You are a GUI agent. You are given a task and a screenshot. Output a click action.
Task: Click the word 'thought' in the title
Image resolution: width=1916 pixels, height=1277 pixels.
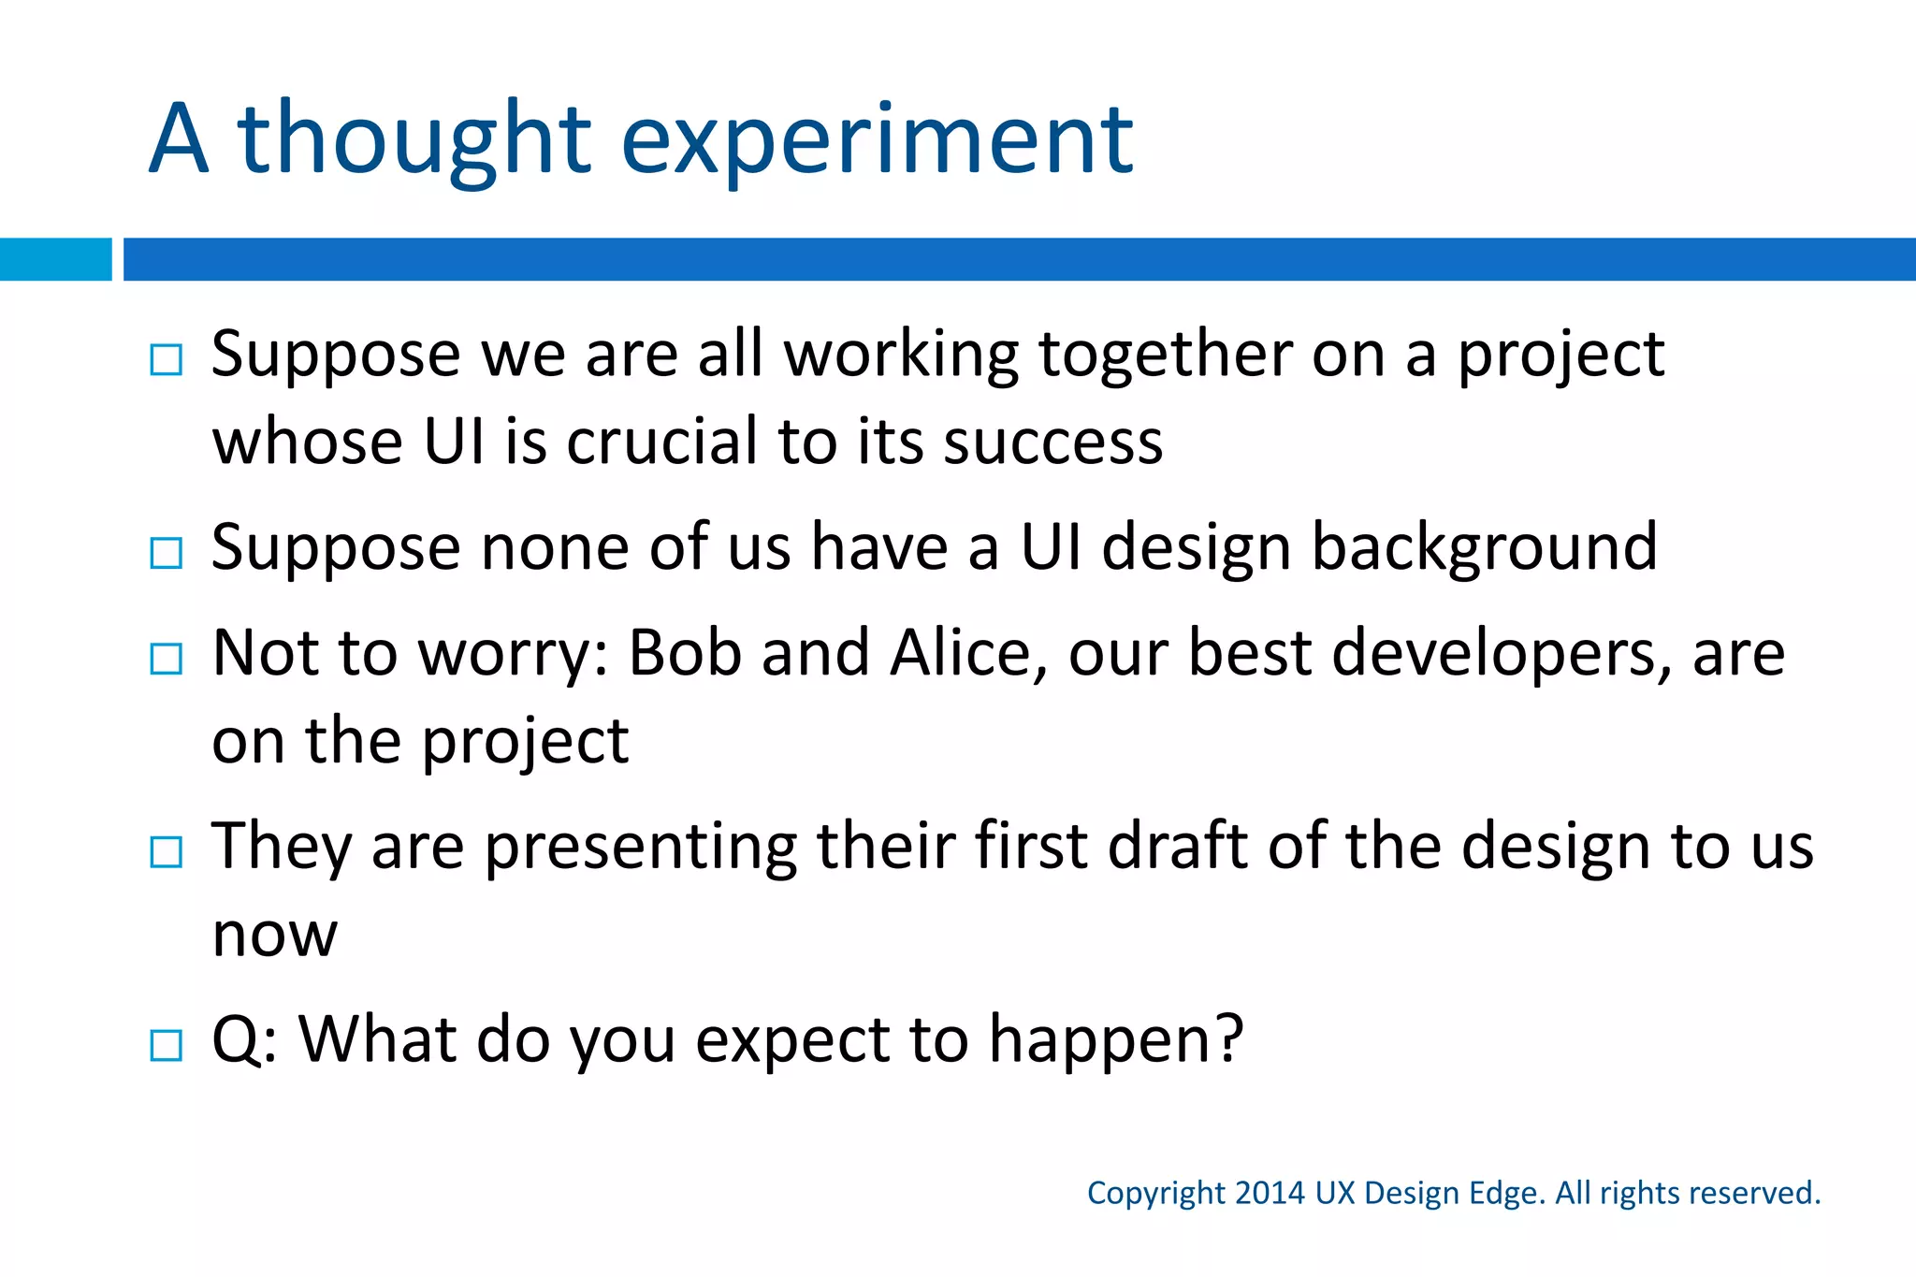(414, 140)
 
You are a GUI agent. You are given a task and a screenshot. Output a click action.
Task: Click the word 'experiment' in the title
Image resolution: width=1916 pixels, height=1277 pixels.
(877, 140)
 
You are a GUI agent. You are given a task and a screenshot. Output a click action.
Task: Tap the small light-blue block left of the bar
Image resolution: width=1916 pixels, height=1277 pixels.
(55, 259)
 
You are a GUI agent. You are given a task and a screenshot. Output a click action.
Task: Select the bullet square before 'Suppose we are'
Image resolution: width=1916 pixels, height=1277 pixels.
(167, 360)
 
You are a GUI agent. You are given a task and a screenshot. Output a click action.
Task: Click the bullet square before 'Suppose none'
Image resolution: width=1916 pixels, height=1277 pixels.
(167, 553)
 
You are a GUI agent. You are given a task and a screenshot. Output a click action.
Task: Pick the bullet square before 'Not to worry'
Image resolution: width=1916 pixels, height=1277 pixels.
(167, 659)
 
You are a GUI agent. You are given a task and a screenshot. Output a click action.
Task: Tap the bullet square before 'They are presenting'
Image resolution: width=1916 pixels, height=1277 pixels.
(167, 852)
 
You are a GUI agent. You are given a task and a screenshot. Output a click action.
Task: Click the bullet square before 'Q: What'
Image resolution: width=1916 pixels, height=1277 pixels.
(167, 1045)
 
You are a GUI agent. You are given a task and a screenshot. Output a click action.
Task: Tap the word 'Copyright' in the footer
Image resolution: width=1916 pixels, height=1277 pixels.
(1155, 1194)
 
